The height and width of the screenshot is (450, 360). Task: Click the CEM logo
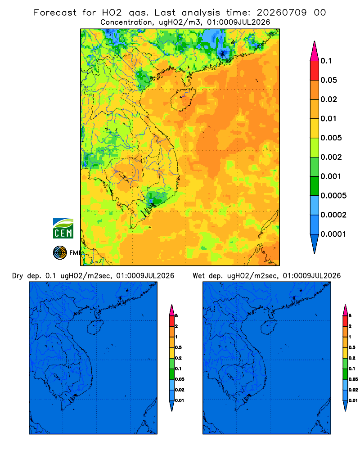click(x=63, y=228)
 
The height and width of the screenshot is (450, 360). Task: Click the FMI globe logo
click(x=60, y=253)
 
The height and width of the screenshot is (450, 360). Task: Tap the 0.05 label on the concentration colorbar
click(x=328, y=80)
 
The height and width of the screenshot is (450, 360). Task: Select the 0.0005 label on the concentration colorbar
click(x=333, y=195)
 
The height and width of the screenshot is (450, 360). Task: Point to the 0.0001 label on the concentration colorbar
click(x=333, y=234)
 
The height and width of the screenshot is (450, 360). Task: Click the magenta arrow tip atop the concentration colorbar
click(x=315, y=51)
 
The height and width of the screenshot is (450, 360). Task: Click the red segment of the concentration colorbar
click(x=315, y=70)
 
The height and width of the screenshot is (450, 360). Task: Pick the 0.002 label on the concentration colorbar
click(x=331, y=157)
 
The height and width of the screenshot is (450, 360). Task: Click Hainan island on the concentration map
click(x=183, y=99)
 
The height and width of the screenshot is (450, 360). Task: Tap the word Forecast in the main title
click(x=55, y=13)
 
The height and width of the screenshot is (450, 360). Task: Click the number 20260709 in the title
click(x=282, y=13)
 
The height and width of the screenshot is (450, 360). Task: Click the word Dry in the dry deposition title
click(x=18, y=276)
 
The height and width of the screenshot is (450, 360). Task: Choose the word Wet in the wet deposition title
click(x=198, y=276)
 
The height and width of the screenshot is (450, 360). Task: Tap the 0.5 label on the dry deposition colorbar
click(x=178, y=347)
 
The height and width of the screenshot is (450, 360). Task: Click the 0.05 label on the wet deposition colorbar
click(x=353, y=379)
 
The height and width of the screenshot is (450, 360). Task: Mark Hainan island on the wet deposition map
click(x=268, y=328)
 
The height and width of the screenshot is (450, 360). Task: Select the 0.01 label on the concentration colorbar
click(x=328, y=118)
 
